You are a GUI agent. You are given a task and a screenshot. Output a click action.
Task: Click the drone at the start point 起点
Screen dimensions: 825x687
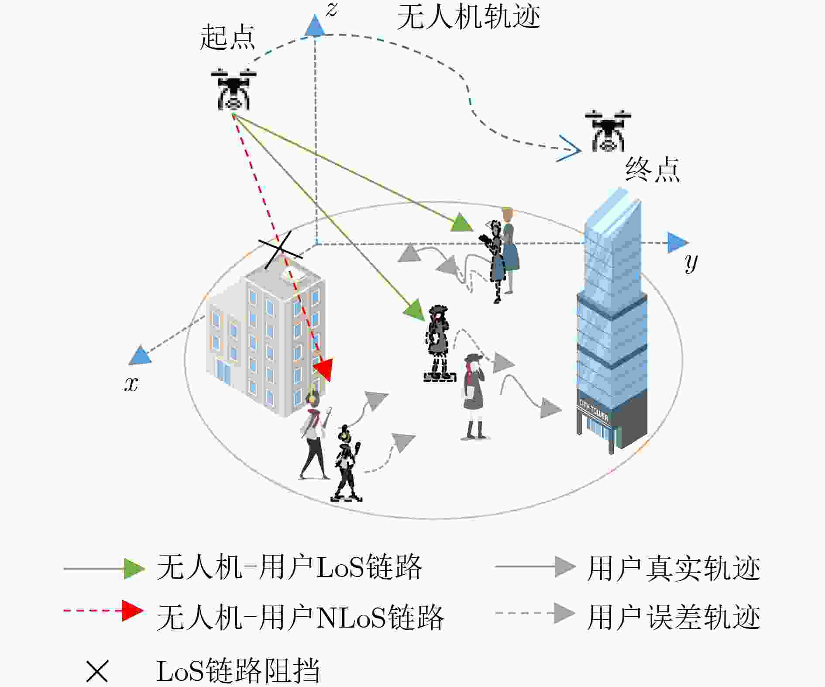[234, 90]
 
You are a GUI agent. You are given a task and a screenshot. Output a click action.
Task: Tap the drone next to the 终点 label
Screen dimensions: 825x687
[608, 131]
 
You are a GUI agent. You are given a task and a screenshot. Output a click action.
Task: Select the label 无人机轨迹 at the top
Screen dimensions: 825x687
[468, 17]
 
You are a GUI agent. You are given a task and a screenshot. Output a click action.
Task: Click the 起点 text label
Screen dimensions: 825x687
[227, 38]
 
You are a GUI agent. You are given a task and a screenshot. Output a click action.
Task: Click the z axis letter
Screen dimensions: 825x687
[332, 10]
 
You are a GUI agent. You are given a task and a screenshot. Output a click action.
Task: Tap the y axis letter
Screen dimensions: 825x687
[691, 262]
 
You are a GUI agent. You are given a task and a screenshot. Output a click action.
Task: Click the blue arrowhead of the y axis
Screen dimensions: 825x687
[678, 243]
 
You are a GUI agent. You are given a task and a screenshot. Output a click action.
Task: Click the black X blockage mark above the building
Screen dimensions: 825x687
[280, 249]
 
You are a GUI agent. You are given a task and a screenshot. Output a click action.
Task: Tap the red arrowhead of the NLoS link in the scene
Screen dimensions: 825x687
[324, 369]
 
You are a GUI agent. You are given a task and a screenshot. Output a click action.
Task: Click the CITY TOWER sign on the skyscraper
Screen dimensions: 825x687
[593, 410]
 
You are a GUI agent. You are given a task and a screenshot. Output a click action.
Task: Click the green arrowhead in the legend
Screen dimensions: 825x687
[134, 569]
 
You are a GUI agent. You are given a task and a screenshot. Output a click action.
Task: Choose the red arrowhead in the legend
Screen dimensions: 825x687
[133, 610]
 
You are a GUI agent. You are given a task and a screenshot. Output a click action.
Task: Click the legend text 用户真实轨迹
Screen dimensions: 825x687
[674, 569]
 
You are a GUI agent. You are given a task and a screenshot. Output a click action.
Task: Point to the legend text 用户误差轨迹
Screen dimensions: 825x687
[674, 617]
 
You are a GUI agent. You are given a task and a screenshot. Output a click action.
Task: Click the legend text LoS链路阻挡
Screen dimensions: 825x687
[238, 671]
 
